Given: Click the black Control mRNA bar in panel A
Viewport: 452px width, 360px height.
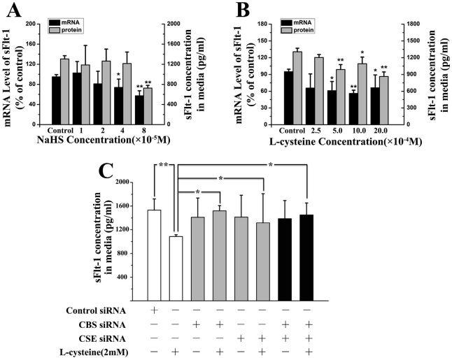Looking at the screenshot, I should pyautogui.click(x=56, y=101).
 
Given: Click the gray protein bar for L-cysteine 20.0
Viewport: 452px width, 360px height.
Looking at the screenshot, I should pyautogui.click(x=383, y=101).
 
